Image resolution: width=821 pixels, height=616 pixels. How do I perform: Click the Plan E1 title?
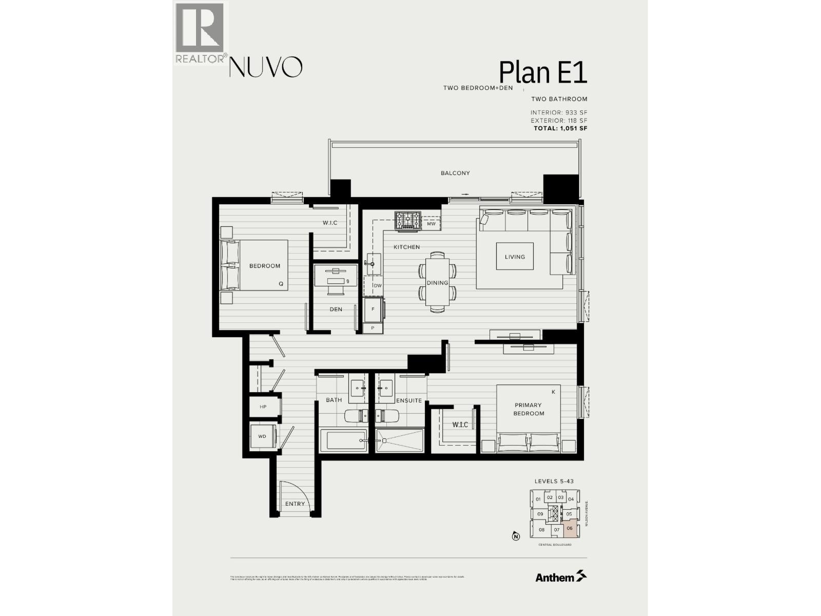[x=542, y=72]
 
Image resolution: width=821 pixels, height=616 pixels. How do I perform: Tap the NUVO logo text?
[x=265, y=67]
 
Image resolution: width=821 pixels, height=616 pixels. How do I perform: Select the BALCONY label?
[x=455, y=173]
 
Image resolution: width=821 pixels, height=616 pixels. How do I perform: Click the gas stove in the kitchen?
[x=407, y=220]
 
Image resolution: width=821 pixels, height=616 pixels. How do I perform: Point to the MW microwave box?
[x=431, y=224]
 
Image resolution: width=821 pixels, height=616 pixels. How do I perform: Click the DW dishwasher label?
[x=377, y=286]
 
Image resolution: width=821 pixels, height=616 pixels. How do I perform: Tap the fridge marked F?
[x=373, y=310]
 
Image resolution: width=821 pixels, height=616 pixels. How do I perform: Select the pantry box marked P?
[x=373, y=328]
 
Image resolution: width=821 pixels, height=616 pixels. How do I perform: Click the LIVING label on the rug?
[x=515, y=257]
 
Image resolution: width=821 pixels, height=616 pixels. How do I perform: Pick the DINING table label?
[x=438, y=283]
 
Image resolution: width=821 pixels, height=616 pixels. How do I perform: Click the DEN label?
[x=336, y=309]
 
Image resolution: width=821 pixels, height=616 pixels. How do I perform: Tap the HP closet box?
[x=263, y=407]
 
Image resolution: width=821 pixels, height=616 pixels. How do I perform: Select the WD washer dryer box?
[x=262, y=436]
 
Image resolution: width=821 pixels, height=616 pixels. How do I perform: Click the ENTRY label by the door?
[x=295, y=504]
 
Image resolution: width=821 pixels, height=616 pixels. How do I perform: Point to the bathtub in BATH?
[x=343, y=441]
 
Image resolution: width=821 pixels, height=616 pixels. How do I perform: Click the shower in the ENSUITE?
[x=400, y=441]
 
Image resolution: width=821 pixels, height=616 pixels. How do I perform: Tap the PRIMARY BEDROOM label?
[x=529, y=409]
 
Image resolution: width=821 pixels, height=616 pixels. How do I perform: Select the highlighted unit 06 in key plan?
[x=570, y=529]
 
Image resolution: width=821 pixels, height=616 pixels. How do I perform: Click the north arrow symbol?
[x=515, y=537]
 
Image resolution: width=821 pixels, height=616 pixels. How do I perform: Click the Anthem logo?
[x=560, y=577]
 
